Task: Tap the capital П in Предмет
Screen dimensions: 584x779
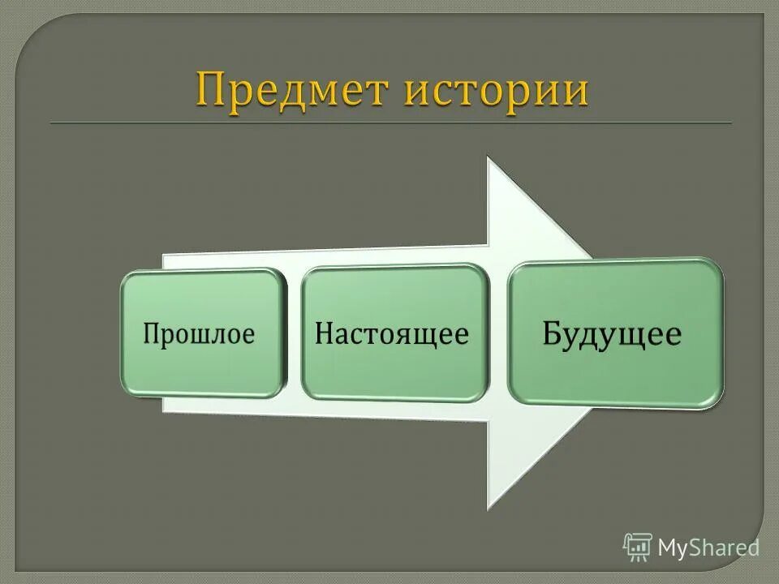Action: click(x=210, y=89)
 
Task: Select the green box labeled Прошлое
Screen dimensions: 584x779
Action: click(x=202, y=333)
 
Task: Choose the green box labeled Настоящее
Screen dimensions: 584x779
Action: click(x=394, y=333)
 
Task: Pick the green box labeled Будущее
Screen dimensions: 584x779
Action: click(x=614, y=333)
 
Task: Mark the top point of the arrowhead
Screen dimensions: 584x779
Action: click(x=488, y=157)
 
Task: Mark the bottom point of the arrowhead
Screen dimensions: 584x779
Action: click(x=488, y=508)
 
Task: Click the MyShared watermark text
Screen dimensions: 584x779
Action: click(x=708, y=547)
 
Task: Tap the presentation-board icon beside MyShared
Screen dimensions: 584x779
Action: click(x=638, y=547)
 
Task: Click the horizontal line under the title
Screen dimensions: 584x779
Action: click(x=389, y=123)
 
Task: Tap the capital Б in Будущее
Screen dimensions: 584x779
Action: click(x=554, y=333)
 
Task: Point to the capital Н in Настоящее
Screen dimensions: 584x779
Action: click(x=325, y=334)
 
